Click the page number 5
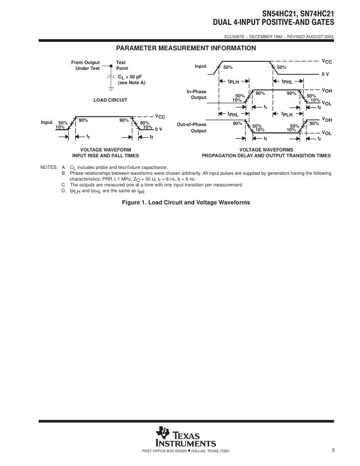(x=334, y=450)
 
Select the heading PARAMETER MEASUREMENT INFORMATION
(x=186, y=48)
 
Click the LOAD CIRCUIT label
(x=110, y=100)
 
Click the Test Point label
(x=122, y=65)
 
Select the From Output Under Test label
(x=85, y=65)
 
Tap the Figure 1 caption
(x=186, y=202)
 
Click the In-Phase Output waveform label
(x=196, y=94)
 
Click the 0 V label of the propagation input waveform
(x=325, y=74)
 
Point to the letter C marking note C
(x=64, y=185)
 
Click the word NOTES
(x=49, y=167)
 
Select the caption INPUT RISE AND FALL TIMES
(x=105, y=156)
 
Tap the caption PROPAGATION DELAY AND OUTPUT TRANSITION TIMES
(x=266, y=156)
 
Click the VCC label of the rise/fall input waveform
(x=160, y=116)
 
